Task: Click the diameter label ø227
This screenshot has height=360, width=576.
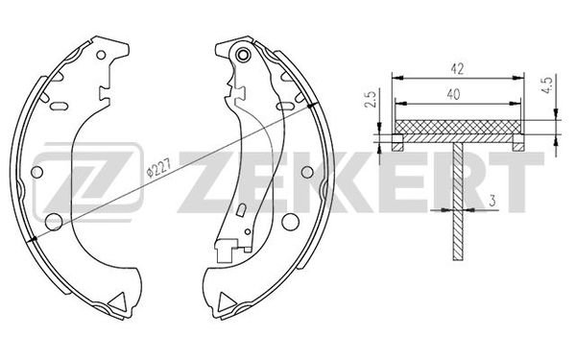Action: click(x=155, y=169)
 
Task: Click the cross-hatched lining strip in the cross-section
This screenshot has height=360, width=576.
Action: click(x=457, y=127)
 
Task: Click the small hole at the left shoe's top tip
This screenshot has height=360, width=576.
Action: click(x=102, y=50)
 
